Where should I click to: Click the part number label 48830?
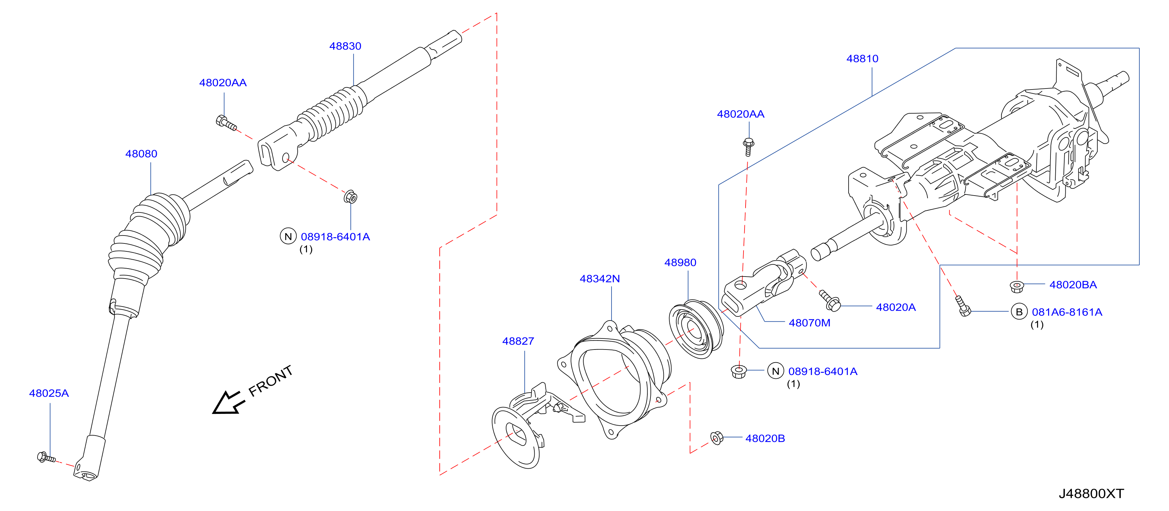point(345,46)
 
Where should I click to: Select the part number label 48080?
point(141,154)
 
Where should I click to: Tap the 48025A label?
point(49,394)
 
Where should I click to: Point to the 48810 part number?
point(862,59)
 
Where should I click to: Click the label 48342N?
point(599,279)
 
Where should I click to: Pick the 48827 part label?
point(518,342)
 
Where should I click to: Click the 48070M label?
point(810,323)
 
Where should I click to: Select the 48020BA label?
point(1073,285)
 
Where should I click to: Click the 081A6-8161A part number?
point(1067,312)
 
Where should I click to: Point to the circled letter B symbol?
point(1019,312)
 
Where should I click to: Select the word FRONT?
point(270,381)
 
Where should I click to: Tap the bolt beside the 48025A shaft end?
point(46,458)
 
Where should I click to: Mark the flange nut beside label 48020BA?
point(1017,286)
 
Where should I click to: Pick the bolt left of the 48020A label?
point(830,301)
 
